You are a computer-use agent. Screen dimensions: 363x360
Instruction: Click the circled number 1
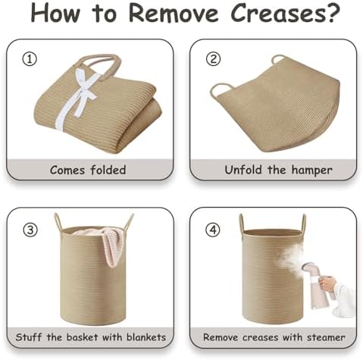tap(30, 60)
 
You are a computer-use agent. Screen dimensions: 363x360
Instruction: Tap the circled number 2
tap(214, 59)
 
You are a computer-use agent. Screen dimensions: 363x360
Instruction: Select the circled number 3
tap(30, 230)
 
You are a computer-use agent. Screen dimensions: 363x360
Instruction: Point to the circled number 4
tap(214, 230)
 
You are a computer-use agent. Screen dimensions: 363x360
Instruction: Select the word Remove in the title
tap(174, 13)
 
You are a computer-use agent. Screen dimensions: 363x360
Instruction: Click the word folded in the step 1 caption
tap(108, 170)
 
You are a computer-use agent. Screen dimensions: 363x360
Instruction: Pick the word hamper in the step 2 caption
tap(311, 171)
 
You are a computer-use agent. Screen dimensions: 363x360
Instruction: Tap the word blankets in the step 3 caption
tap(146, 337)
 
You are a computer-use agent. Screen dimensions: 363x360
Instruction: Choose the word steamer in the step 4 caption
tap(326, 337)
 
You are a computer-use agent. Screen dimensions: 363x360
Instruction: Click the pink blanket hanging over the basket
tap(106, 243)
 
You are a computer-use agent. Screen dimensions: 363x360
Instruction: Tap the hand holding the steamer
tap(328, 283)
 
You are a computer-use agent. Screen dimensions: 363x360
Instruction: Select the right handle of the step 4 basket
tap(303, 222)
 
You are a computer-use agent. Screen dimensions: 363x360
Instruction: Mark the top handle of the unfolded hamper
tap(278, 60)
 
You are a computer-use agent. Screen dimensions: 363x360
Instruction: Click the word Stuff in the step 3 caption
tap(29, 337)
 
